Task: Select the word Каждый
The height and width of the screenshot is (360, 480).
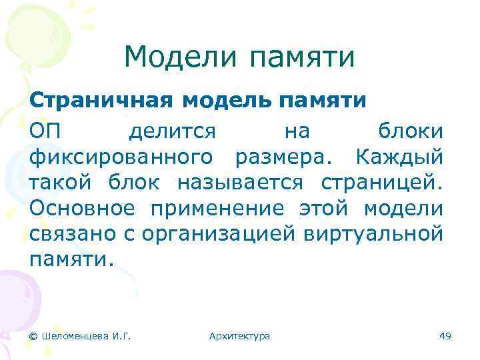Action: coord(399,157)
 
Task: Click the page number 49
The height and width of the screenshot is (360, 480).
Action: coord(445,336)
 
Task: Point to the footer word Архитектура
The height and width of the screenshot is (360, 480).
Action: coord(239,336)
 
